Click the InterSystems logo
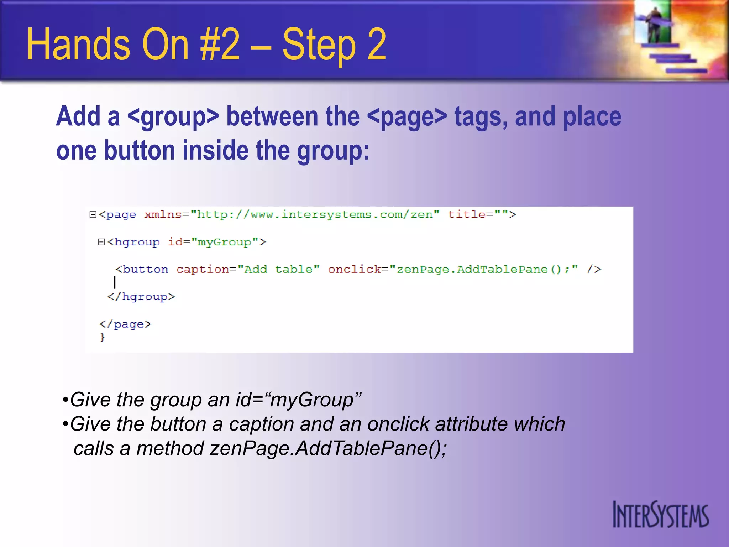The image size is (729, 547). coord(661,515)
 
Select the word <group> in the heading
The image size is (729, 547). coord(173,117)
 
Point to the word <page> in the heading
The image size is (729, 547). coord(407,117)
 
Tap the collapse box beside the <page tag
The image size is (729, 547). coord(93,214)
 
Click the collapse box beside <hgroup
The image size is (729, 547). coord(101,242)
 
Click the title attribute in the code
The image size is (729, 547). coord(467,214)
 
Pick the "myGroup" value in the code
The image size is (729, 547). coord(225,242)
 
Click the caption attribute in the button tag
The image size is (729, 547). coord(202,270)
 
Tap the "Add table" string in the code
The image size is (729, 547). coord(279,270)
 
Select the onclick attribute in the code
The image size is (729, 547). coord(354,270)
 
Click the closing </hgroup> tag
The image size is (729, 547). coord(141,297)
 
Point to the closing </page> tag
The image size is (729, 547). coord(125,324)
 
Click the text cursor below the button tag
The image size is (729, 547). coord(115,282)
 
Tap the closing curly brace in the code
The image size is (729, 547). coord(103,337)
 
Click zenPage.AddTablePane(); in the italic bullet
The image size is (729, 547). coord(328,448)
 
